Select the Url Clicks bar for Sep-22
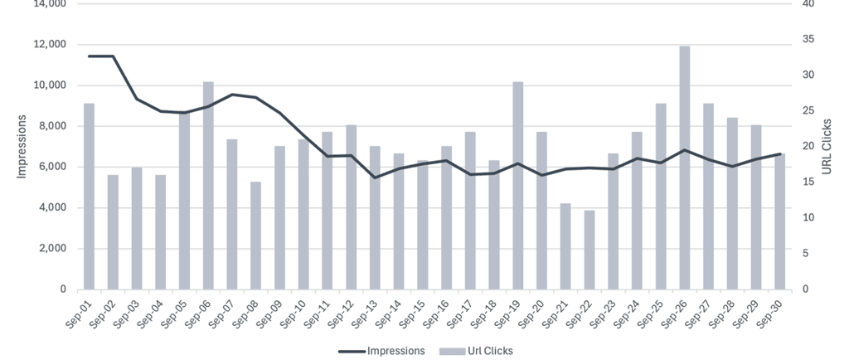click(589, 250)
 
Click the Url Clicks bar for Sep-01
click(89, 196)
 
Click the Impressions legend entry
click(382, 351)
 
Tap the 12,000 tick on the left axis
click(49, 45)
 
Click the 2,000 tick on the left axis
click(51, 249)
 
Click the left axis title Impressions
click(22, 147)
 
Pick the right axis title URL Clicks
click(827, 147)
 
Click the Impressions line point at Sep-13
click(375, 178)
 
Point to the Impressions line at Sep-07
click(232, 95)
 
